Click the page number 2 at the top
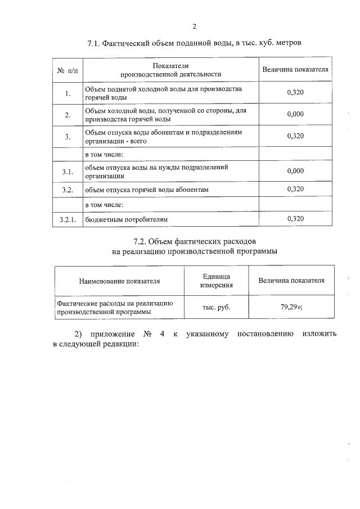tap(194, 26)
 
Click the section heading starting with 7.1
tap(195, 43)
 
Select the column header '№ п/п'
tap(67, 70)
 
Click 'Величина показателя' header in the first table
tap(295, 70)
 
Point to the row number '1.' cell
tap(67, 93)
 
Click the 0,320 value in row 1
tap(295, 93)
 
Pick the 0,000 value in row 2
tap(295, 115)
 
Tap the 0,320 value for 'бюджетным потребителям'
tap(295, 218)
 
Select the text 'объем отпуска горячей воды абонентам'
tap(147, 190)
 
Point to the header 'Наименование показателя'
tap(119, 281)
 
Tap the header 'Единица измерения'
tap(216, 281)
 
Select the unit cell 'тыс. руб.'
tap(216, 307)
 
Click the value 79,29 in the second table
tap(290, 307)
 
